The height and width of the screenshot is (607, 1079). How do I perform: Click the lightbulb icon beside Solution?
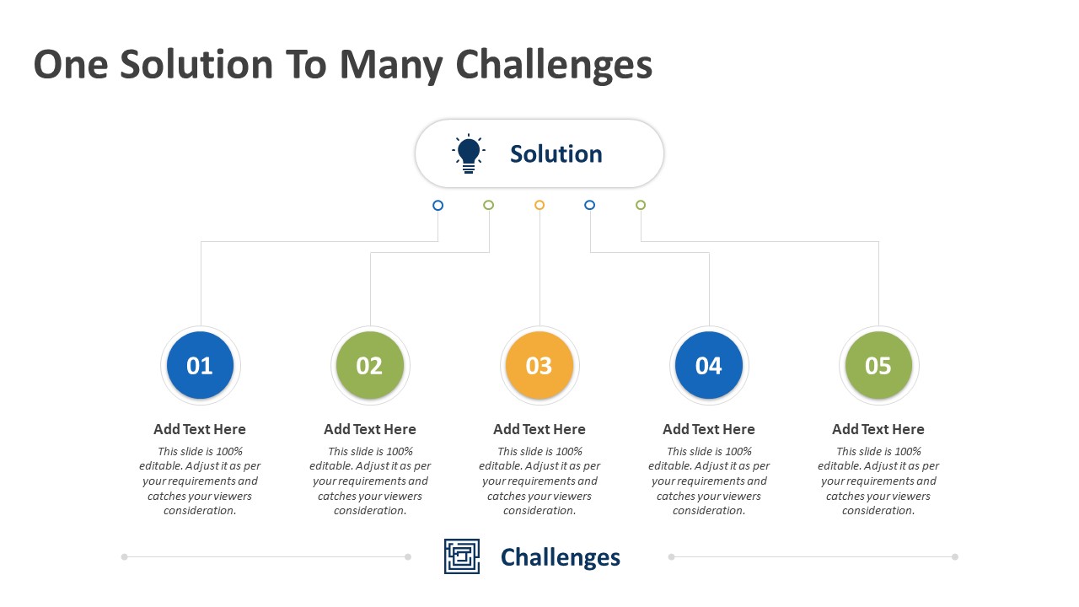(468, 153)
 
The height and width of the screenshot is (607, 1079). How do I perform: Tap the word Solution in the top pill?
(556, 154)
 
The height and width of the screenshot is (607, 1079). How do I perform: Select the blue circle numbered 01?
(201, 365)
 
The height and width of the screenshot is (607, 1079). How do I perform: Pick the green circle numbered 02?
(370, 365)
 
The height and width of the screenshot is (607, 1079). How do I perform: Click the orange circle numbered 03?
(539, 365)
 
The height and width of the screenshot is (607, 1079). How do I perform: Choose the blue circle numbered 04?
(709, 365)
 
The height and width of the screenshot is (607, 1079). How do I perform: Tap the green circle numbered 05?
(878, 365)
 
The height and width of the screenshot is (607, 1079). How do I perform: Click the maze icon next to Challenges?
(461, 556)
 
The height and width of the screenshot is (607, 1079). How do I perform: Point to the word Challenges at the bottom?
(561, 557)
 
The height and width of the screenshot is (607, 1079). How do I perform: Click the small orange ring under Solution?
(539, 201)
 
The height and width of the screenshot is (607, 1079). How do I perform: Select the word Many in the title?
(391, 66)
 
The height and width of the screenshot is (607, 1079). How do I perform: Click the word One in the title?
(71, 64)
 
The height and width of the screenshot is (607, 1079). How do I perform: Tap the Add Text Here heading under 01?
(200, 429)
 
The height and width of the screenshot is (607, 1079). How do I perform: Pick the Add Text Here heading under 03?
(539, 429)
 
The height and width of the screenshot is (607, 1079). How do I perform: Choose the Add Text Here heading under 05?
(878, 429)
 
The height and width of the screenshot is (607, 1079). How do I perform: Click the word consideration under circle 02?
(370, 510)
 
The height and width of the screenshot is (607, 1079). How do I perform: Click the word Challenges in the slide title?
(554, 66)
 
